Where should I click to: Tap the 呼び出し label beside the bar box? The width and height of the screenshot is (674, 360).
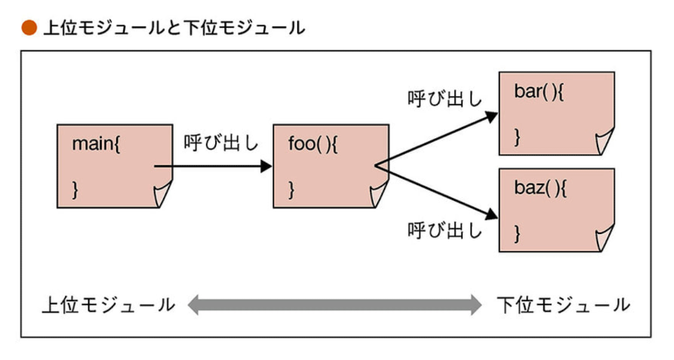[x=446, y=98]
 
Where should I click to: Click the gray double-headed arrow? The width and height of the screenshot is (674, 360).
[x=336, y=305]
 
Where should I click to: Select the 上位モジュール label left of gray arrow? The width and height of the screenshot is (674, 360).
[x=109, y=305]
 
